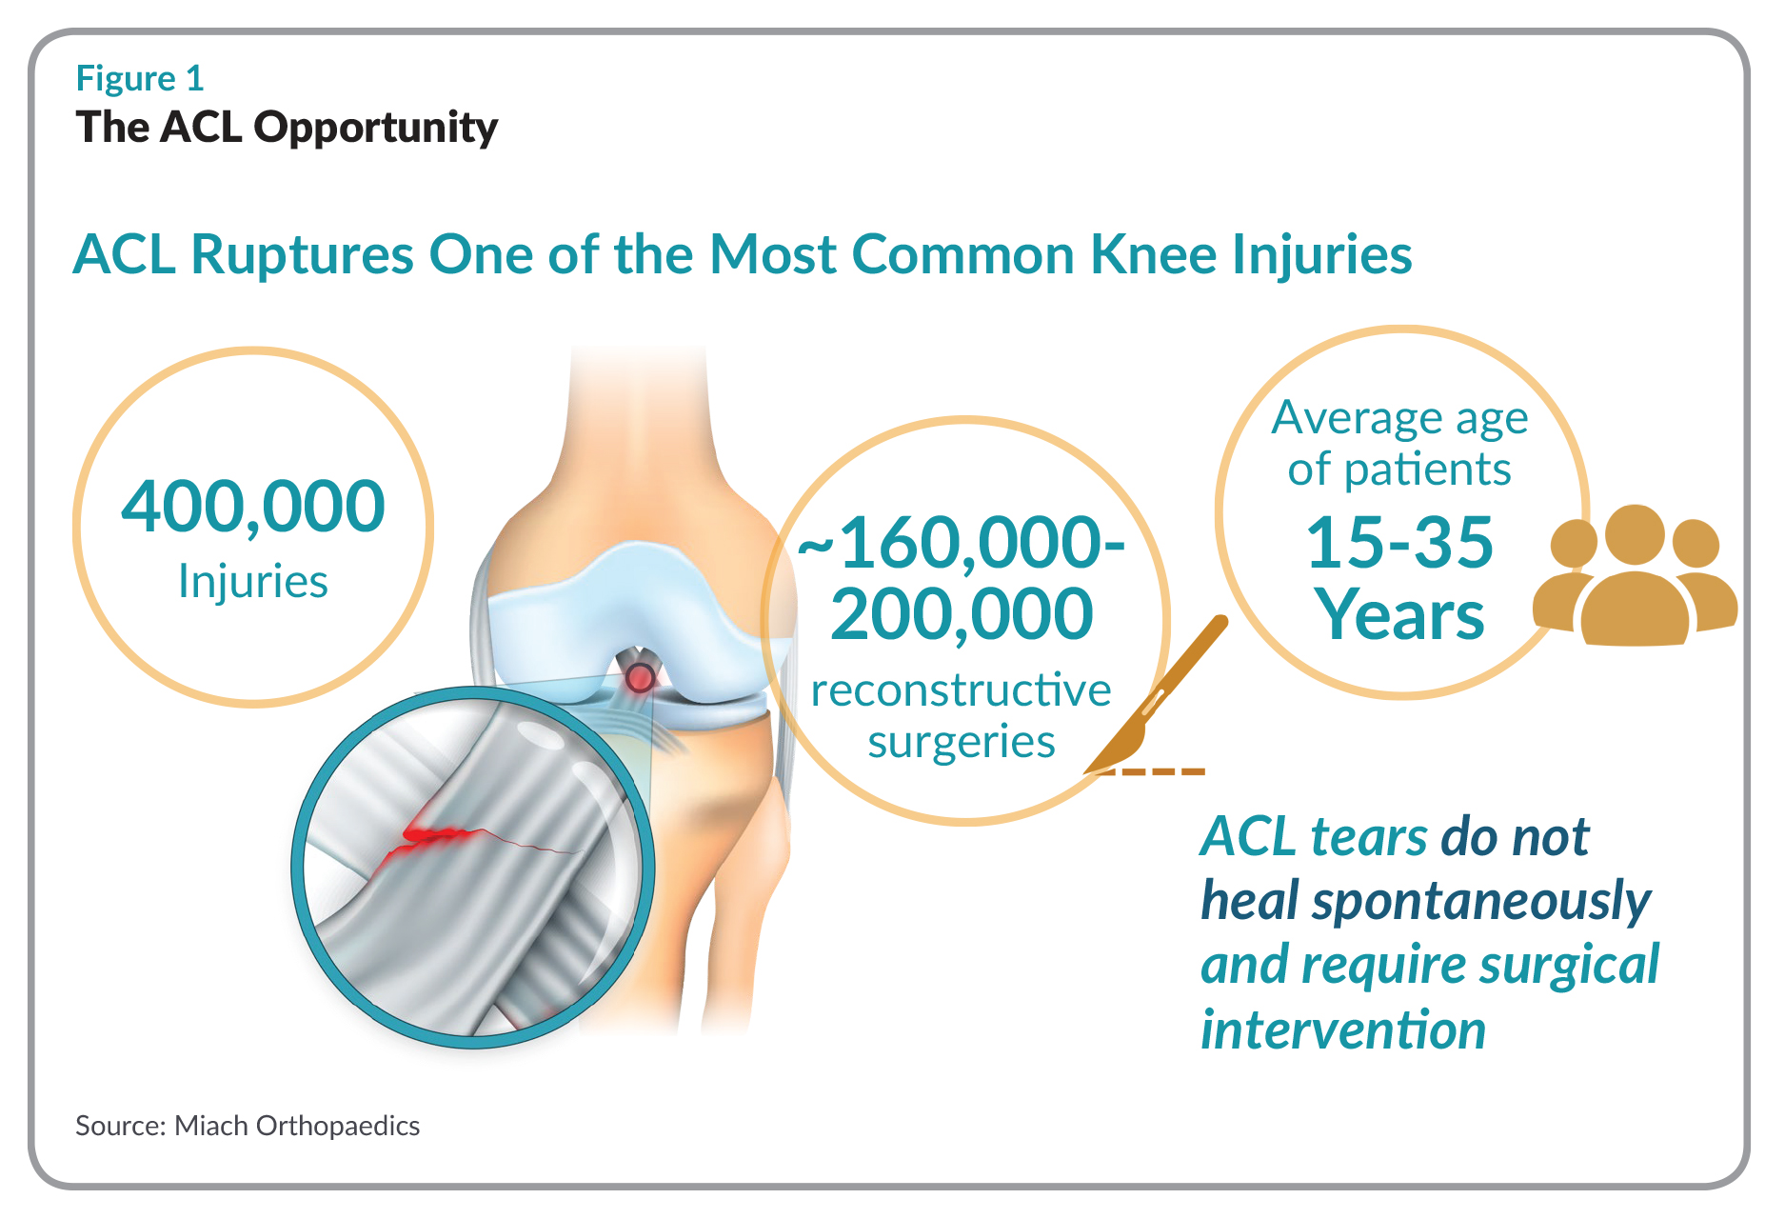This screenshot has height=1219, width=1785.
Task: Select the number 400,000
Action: pos(253,507)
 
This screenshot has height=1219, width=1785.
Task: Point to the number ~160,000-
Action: pos(962,544)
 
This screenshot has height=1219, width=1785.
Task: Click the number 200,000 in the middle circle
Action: pos(962,614)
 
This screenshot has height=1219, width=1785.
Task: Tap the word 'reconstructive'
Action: pos(962,690)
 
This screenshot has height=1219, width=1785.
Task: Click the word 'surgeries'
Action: pos(962,743)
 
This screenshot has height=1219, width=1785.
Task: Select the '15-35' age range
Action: pos(1399,543)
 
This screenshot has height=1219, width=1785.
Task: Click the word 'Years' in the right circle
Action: pos(1399,615)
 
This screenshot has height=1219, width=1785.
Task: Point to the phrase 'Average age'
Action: pos(1399,419)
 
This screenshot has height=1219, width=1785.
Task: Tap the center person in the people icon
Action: pos(1635,581)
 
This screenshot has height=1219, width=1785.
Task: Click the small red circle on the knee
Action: pos(640,678)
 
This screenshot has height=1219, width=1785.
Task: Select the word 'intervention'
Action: pos(1343,1030)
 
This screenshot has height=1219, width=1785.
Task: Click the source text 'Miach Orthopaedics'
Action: pos(297,1127)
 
